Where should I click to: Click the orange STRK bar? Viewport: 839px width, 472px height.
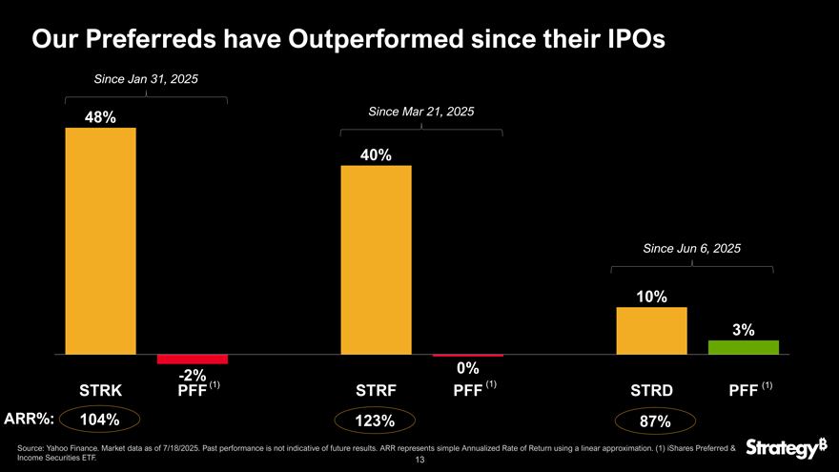[x=100, y=240]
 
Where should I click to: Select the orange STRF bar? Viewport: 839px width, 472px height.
[x=376, y=259]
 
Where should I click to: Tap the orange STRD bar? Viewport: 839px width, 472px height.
[x=651, y=330]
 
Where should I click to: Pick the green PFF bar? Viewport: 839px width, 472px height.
[x=744, y=347]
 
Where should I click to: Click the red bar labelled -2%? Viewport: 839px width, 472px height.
[x=193, y=359]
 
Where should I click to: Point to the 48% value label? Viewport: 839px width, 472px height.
[x=100, y=117]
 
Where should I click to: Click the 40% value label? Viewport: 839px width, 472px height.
[x=376, y=155]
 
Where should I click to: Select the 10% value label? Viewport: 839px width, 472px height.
[x=651, y=297]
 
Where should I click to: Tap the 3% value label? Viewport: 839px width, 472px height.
[x=744, y=330]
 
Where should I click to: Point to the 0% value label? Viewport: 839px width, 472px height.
[x=467, y=368]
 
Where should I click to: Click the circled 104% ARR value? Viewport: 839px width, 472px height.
[x=99, y=420]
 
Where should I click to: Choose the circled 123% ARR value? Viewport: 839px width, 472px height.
[x=375, y=421]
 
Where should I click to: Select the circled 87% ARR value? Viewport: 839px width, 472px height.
[x=656, y=421]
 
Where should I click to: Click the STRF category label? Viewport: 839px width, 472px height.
[x=376, y=390]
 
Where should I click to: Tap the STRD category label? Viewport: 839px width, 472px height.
[x=651, y=390]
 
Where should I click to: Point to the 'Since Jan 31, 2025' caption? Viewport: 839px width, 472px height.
[x=146, y=78]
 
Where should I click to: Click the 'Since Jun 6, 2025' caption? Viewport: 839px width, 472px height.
[x=692, y=248]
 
